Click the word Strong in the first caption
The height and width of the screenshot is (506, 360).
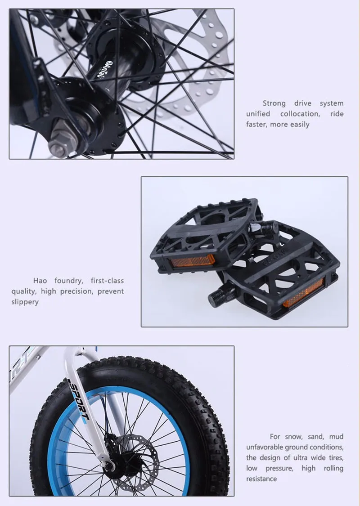pos(274,103)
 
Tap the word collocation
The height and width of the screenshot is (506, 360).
pos(300,114)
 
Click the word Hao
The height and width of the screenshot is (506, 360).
pos(40,281)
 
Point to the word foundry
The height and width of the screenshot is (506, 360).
pos(68,281)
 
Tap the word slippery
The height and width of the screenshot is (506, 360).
pos(25,302)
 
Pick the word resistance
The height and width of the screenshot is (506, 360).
pos(261,479)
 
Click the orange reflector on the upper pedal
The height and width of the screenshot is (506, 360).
pos(193,261)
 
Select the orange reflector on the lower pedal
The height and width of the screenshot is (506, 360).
pos(303,293)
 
